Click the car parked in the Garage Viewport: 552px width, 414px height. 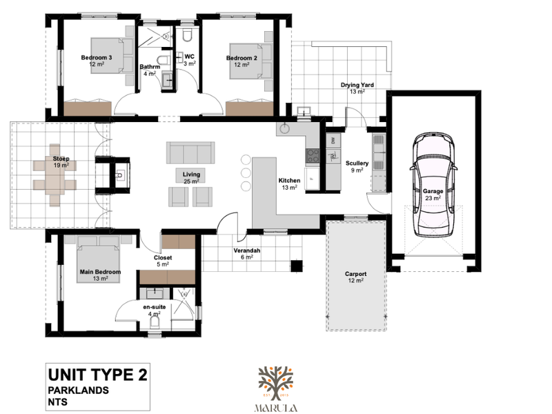(433, 184)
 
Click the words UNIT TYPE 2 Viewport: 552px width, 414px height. (98, 375)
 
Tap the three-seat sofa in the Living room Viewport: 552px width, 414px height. (190, 152)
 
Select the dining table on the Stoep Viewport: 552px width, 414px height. (55, 175)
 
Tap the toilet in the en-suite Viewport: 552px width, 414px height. (154, 322)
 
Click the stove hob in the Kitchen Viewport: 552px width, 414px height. (313, 156)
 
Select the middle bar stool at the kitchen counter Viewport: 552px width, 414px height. (246, 173)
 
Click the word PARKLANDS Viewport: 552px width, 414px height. (79, 390)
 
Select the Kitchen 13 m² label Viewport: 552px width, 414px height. (289, 184)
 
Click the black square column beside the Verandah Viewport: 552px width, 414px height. (297, 266)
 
